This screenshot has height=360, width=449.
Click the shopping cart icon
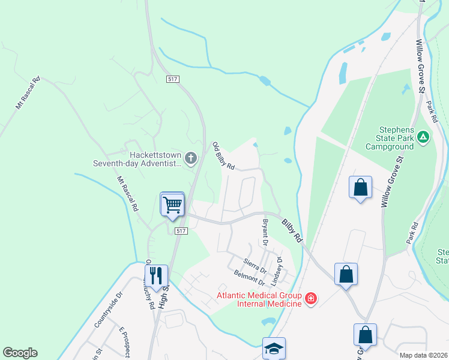172,204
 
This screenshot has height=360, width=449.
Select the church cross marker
191,158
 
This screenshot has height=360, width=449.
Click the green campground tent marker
424,137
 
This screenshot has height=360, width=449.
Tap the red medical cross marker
310,298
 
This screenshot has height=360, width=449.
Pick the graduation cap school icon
274,348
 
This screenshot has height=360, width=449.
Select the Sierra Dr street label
255,266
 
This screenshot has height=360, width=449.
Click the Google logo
20,353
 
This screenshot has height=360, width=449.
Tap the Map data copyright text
423,355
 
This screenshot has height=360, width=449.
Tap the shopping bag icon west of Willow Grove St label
360,187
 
